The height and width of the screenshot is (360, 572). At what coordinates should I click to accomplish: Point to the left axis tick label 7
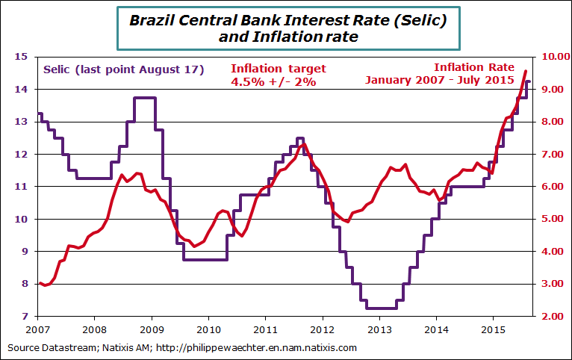pos(23,317)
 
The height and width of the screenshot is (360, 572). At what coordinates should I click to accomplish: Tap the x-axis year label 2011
pos(265,329)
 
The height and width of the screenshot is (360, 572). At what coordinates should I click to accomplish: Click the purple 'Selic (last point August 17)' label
pos(124,69)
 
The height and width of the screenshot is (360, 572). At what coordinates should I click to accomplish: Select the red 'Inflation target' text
pos(279,69)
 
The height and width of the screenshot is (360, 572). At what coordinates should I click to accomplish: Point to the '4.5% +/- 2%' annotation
pos(274,82)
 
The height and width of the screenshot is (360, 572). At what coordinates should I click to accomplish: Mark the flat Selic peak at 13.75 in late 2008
pos(144,98)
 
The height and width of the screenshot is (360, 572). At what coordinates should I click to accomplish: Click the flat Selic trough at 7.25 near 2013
pos(381,308)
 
